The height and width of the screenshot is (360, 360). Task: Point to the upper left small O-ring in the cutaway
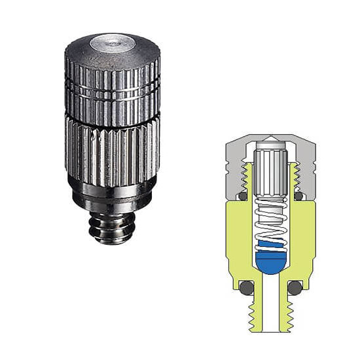[x=242, y=195]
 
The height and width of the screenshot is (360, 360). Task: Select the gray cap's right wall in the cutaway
[x=306, y=167]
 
